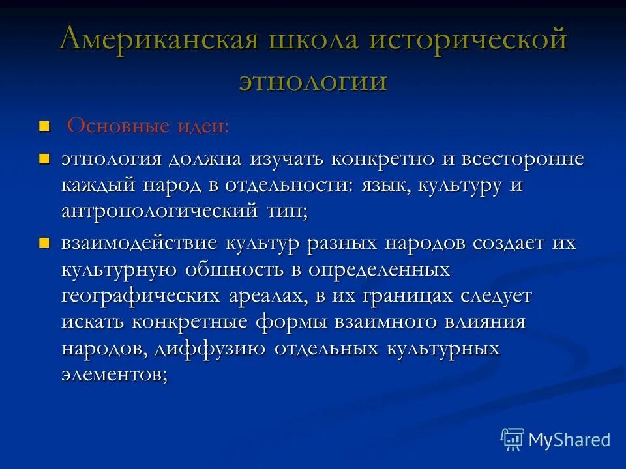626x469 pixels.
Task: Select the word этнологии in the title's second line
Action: pyautogui.click(x=313, y=81)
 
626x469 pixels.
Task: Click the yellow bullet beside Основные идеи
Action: pyautogui.click(x=44, y=125)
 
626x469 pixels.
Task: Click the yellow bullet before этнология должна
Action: pyautogui.click(x=44, y=158)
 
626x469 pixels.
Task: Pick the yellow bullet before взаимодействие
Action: pyautogui.click(x=44, y=243)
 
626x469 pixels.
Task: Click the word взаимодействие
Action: pyautogui.click(x=140, y=244)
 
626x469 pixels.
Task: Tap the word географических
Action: pyautogui.click(x=141, y=296)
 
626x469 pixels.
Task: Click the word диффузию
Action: pyautogui.click(x=211, y=348)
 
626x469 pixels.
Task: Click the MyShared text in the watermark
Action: pyautogui.click(x=569, y=440)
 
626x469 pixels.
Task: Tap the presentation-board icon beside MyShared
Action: pyautogui.click(x=513, y=440)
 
